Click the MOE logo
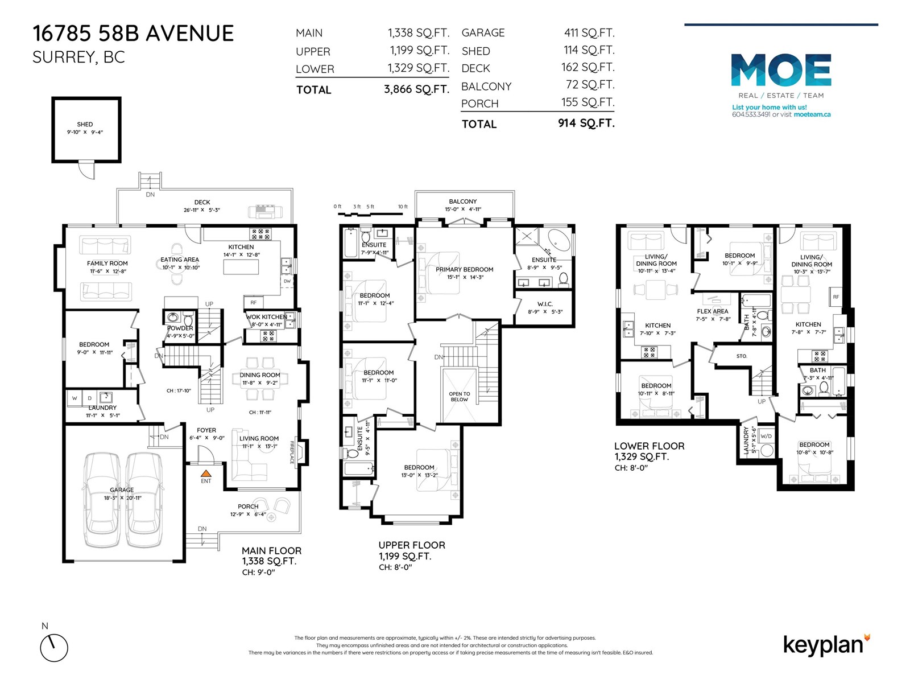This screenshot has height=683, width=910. click(x=781, y=70)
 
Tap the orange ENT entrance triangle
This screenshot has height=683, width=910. click(x=206, y=472)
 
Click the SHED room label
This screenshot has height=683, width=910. click(x=85, y=124)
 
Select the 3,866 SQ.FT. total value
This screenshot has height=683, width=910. click(x=416, y=89)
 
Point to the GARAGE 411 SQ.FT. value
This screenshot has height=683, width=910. click(x=589, y=33)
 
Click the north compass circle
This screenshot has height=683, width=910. click(x=54, y=648)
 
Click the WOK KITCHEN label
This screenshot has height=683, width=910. click(x=266, y=317)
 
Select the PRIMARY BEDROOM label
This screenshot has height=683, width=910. click(x=464, y=269)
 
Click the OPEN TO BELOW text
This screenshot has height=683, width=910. click(x=459, y=396)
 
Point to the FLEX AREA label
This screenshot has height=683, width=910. click(x=712, y=311)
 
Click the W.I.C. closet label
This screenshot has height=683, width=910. click(x=544, y=304)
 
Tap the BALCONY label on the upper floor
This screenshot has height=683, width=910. click(x=462, y=201)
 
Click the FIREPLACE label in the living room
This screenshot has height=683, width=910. click(x=292, y=452)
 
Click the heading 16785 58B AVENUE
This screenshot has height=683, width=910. click(x=133, y=34)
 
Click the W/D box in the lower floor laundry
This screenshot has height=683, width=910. click(x=766, y=437)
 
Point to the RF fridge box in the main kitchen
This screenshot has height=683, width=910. click(x=253, y=303)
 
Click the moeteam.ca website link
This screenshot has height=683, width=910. click(x=812, y=114)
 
